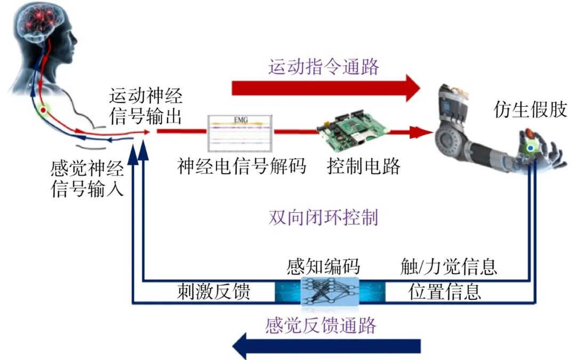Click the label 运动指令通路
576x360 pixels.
tap(324, 67)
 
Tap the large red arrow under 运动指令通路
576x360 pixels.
tap(326, 87)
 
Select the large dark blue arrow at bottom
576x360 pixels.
tap(326, 346)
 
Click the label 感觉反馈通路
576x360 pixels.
tap(321, 325)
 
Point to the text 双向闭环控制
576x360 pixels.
tap(324, 218)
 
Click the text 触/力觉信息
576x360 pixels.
tap(449, 266)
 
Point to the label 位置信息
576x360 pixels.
tap(445, 292)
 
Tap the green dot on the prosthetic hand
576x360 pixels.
tap(531, 148)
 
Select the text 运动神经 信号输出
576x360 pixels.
tap(146, 106)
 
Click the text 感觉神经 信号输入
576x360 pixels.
tap(87, 180)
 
